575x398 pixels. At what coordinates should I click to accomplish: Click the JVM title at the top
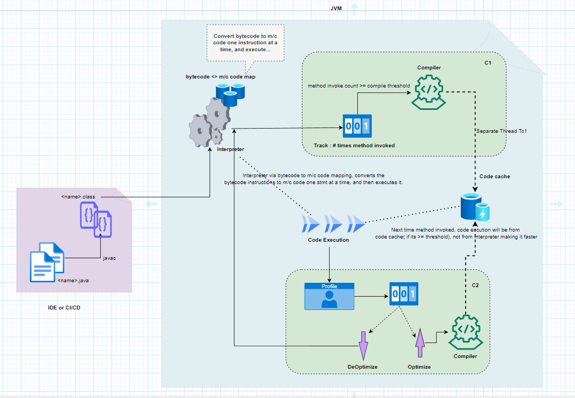click(336, 9)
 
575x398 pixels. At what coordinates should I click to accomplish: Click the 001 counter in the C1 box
click(357, 127)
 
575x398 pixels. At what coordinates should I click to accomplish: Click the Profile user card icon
click(329, 297)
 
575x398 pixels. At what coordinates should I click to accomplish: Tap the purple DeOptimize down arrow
click(363, 345)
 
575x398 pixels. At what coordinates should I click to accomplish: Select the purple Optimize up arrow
click(419, 343)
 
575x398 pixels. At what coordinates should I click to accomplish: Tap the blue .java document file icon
click(47, 261)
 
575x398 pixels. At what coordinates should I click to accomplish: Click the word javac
click(109, 258)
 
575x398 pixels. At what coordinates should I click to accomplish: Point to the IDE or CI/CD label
click(64, 308)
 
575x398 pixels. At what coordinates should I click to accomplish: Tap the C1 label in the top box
click(488, 63)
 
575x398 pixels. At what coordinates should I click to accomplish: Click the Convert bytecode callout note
click(245, 43)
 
